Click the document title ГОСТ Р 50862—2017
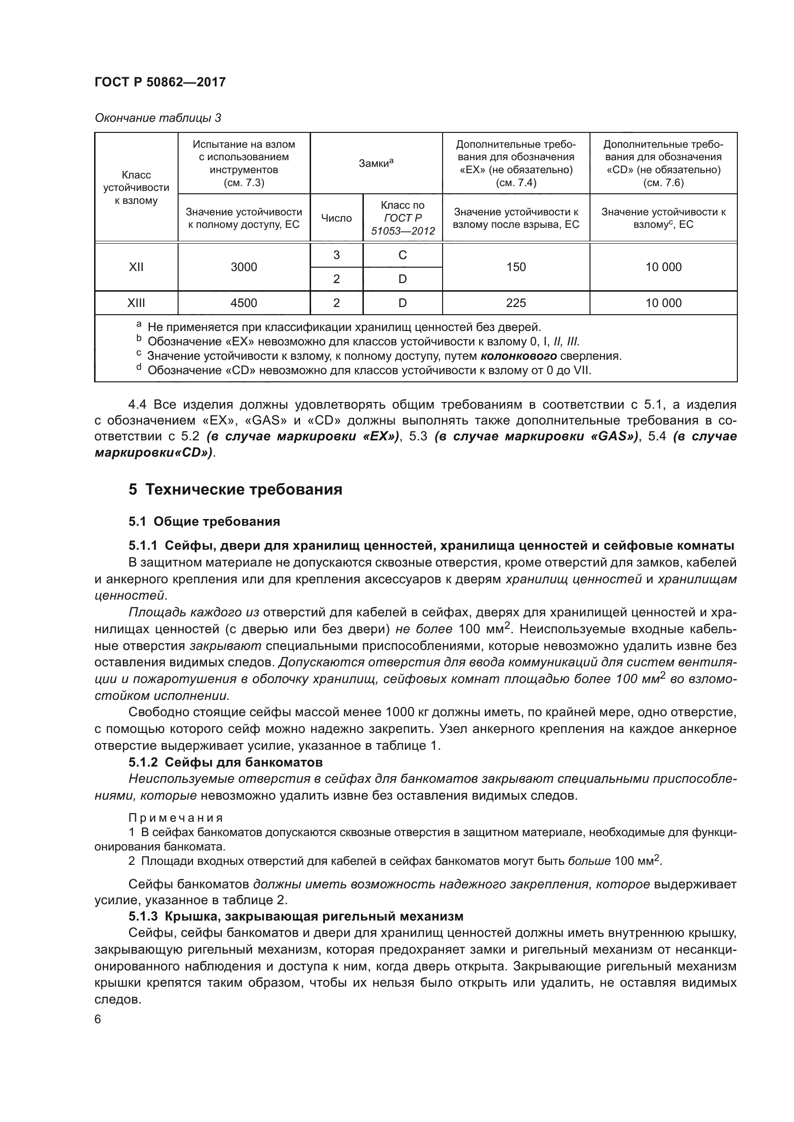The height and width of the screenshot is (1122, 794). click(x=160, y=82)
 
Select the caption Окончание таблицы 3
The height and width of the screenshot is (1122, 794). click(x=157, y=118)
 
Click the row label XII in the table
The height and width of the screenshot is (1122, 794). click(x=136, y=267)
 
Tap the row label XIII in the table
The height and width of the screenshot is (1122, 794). click(x=136, y=303)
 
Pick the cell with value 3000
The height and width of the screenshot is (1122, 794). click(x=243, y=267)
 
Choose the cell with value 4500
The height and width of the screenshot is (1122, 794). click(x=243, y=303)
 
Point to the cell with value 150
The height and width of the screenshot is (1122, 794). click(x=516, y=267)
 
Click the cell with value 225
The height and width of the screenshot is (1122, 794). click(x=516, y=303)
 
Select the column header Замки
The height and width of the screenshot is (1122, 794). click(x=375, y=164)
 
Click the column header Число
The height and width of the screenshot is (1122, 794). click(x=337, y=218)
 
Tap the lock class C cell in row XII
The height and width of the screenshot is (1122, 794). click(x=402, y=255)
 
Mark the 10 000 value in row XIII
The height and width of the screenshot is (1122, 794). click(x=663, y=303)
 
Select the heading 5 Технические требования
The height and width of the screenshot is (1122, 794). click(x=235, y=490)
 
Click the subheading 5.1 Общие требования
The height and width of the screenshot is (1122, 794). click(x=204, y=521)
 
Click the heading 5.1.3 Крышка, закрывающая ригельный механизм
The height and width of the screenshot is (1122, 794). click(x=295, y=916)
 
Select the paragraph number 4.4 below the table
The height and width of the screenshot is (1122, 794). click(x=137, y=405)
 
